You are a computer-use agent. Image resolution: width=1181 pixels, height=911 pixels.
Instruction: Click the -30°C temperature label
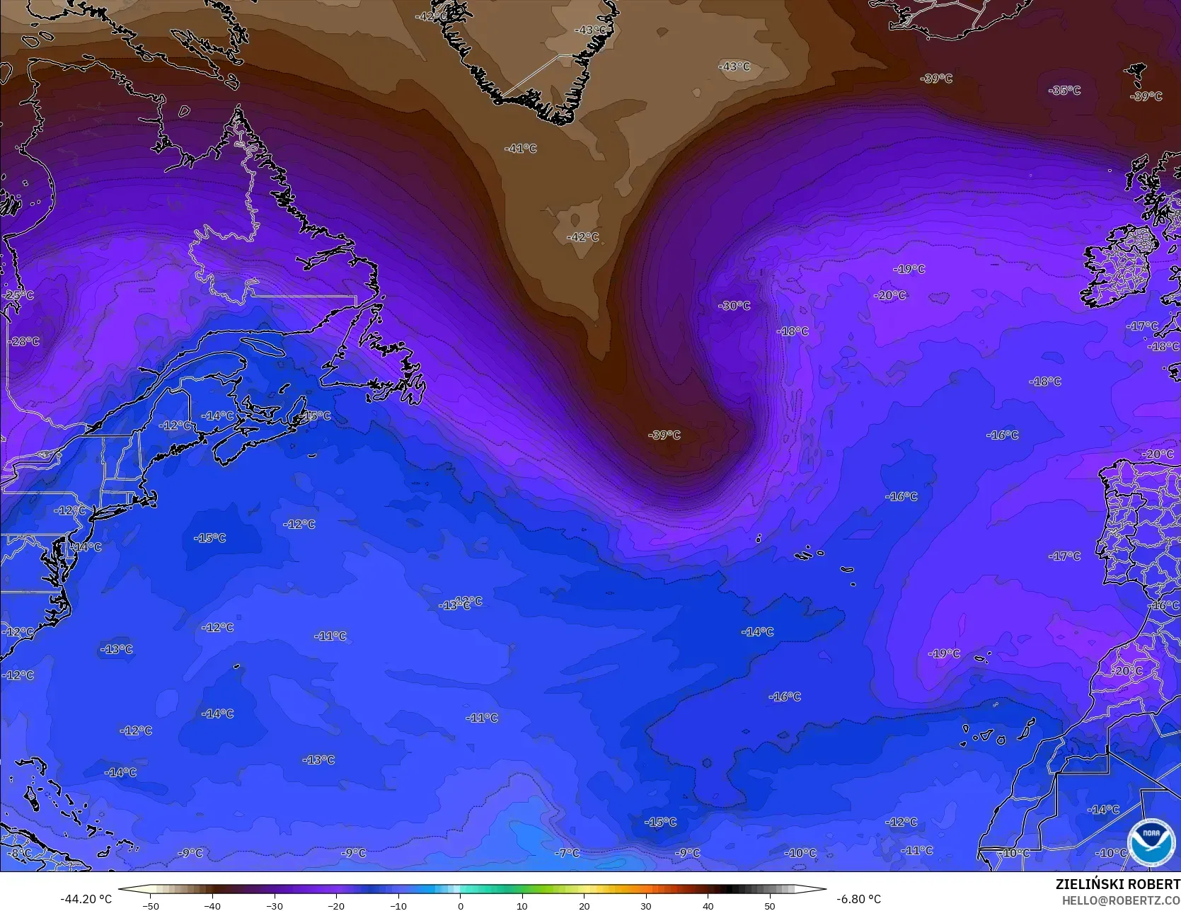[734, 306]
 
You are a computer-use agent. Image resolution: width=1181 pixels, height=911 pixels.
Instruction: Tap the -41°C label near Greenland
[520, 149]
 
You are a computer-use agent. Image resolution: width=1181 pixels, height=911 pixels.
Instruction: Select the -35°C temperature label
[1065, 91]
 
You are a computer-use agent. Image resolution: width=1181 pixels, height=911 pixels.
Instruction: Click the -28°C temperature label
[24, 341]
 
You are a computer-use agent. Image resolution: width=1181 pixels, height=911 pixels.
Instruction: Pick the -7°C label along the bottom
[567, 853]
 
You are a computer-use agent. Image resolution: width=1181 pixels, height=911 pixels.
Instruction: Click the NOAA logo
[1151, 842]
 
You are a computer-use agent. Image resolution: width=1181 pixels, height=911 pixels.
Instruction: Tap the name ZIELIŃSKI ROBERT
[1117, 884]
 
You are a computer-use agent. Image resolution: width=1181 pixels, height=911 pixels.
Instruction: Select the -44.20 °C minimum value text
[86, 900]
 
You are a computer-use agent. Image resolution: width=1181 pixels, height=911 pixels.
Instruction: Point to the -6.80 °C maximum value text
[858, 900]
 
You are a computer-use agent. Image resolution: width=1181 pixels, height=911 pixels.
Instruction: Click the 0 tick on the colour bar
[460, 905]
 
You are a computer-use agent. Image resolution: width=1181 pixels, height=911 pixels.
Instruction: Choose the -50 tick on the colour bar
[150, 905]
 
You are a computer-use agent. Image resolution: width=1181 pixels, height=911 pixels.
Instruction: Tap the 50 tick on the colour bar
[769, 905]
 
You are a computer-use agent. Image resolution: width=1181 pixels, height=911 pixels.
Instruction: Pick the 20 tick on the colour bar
[584, 905]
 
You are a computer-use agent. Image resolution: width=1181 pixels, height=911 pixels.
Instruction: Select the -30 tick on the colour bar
[274, 905]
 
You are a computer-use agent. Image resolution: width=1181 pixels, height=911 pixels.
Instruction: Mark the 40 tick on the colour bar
[708, 905]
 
